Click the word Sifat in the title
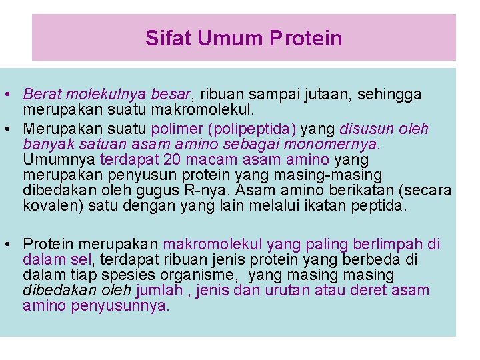pyautogui.click(x=162, y=38)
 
